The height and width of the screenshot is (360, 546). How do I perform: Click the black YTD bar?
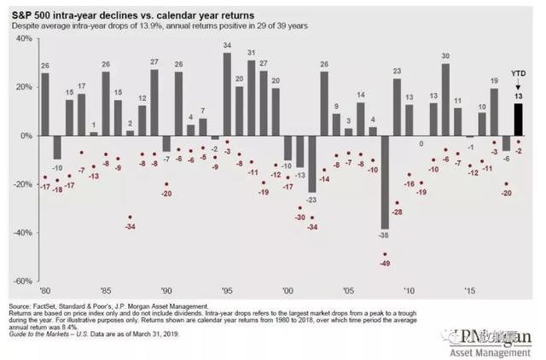pyautogui.click(x=518, y=119)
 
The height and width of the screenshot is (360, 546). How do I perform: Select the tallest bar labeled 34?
pyautogui.click(x=227, y=95)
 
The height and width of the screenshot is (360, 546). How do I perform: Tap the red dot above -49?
pyautogui.click(x=385, y=254)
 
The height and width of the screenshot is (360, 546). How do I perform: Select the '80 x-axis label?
pyautogui.click(x=44, y=290)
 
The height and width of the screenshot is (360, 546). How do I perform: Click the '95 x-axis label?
pyautogui.click(x=227, y=290)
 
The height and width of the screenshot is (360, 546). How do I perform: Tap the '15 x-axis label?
pyautogui.click(x=469, y=290)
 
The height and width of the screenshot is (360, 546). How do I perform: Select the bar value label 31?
pyautogui.click(x=251, y=52)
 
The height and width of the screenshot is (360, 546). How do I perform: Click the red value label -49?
pyautogui.click(x=385, y=264)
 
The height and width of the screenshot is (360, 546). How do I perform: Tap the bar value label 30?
pyautogui.click(x=445, y=55)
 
